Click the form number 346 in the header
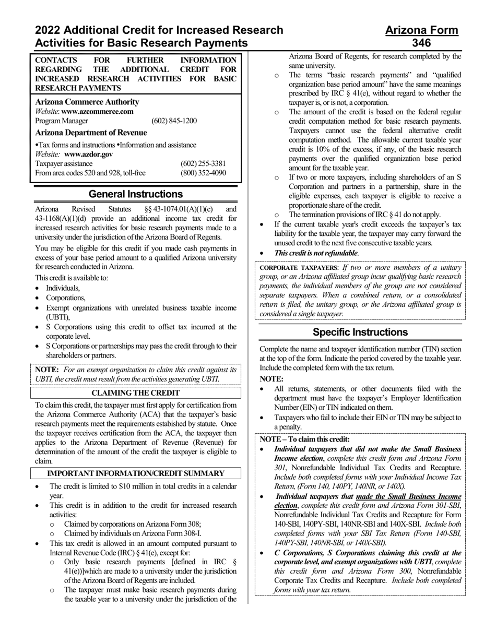click(421, 43)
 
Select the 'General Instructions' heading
click(136, 194)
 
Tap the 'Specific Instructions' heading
click(360, 332)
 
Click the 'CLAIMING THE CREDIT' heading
click(136, 393)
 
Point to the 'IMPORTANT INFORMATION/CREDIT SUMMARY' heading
click(136, 473)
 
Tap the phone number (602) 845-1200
click(174, 121)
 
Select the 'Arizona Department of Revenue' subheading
click(91, 133)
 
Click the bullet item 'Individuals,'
click(63, 288)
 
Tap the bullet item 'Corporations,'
click(66, 298)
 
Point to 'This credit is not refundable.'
click(316, 253)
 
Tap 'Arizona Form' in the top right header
click(421, 30)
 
